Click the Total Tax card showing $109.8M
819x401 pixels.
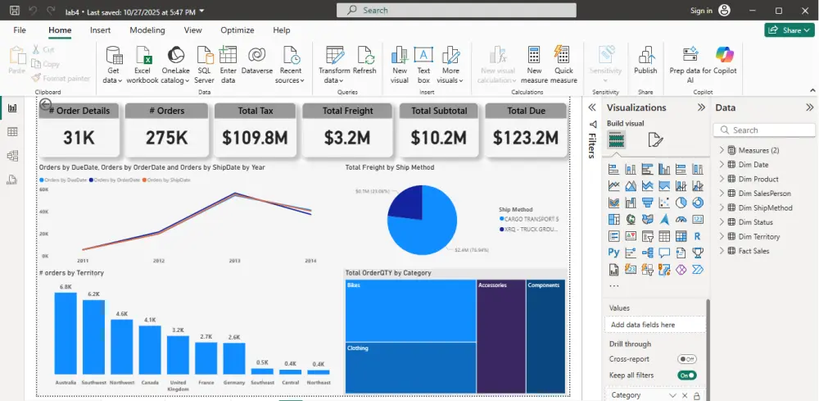tap(256, 137)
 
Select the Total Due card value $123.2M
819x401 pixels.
tap(526, 137)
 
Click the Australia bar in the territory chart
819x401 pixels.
tap(66, 335)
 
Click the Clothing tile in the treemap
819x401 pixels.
tap(410, 367)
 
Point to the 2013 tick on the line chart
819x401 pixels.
tap(234, 260)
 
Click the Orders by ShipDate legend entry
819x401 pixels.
tap(163, 179)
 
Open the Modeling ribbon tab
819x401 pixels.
tap(147, 30)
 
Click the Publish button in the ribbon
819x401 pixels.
tap(645, 62)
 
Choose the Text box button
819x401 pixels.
tap(423, 63)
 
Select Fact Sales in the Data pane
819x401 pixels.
tap(753, 251)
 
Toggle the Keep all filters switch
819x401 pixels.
tap(687, 375)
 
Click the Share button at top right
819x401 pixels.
tap(789, 30)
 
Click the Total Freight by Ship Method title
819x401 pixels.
tap(389, 167)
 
